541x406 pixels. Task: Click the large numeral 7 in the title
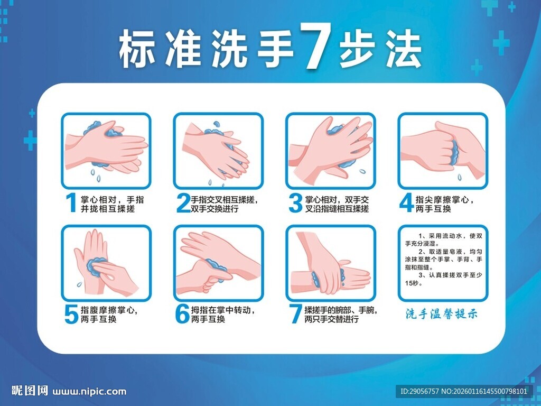(315, 47)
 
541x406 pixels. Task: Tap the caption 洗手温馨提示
(441, 313)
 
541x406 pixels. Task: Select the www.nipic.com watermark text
(90, 392)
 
